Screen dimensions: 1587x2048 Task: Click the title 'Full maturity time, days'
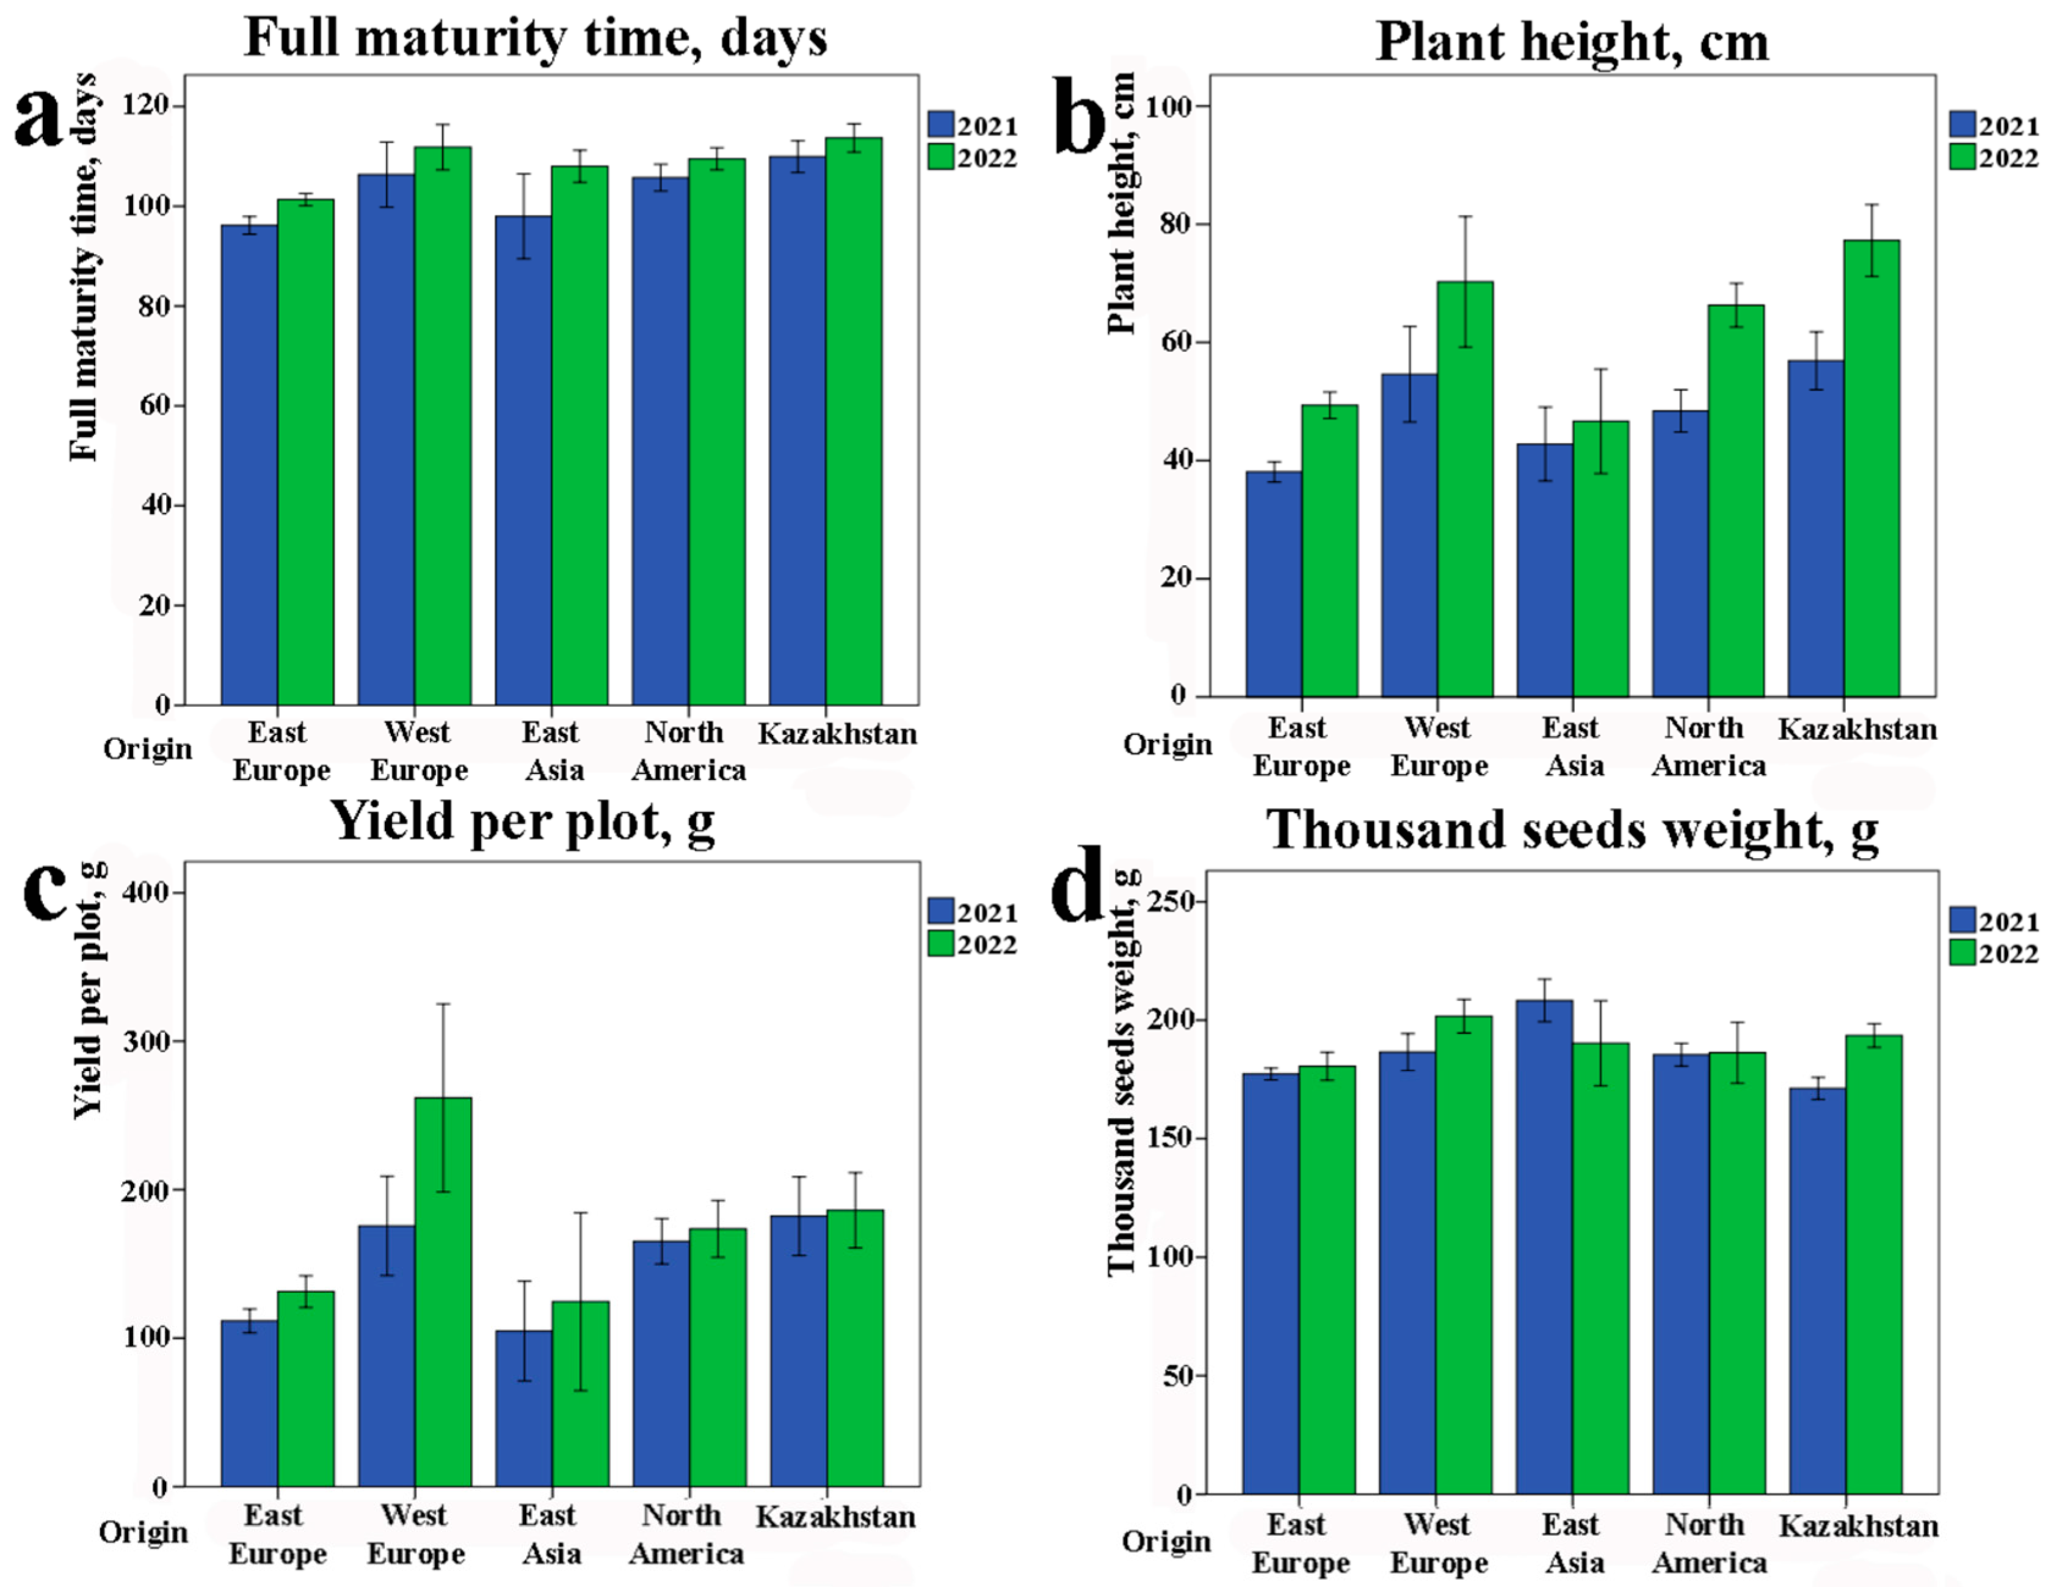[x=536, y=38]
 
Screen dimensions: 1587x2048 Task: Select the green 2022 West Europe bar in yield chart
[x=443, y=1293]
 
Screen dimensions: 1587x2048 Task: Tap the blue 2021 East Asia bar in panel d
[x=1544, y=1247]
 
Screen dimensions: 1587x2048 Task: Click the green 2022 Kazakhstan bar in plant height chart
[x=1872, y=469]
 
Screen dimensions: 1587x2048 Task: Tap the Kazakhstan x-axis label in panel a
[x=837, y=734]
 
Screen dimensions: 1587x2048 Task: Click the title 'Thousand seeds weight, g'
[x=1572, y=830]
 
